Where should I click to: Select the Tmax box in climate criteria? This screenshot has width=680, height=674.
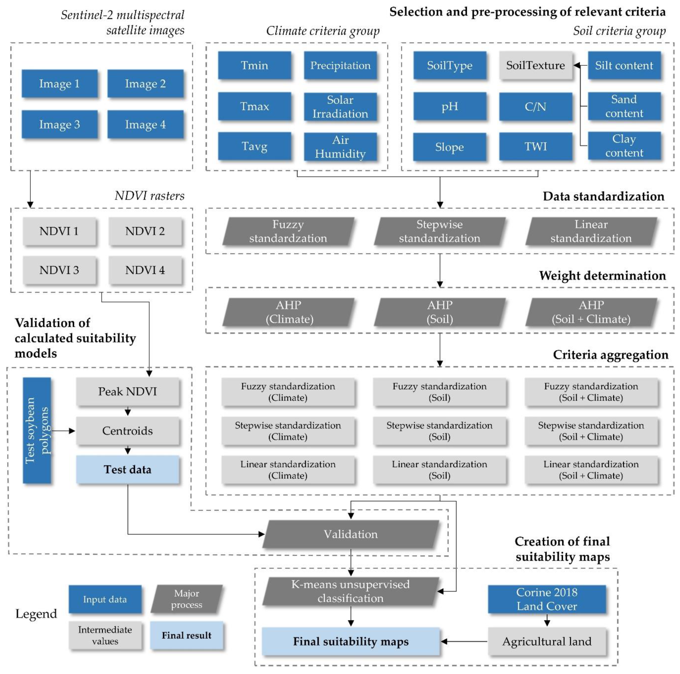click(x=254, y=106)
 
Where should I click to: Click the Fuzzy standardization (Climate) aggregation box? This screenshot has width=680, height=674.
click(x=288, y=392)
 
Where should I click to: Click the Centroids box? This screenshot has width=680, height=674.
click(x=127, y=431)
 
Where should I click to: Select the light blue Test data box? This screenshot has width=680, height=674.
click(x=127, y=470)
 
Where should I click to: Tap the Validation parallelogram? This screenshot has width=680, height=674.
click(x=351, y=534)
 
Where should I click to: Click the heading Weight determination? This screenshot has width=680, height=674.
click(x=602, y=276)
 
